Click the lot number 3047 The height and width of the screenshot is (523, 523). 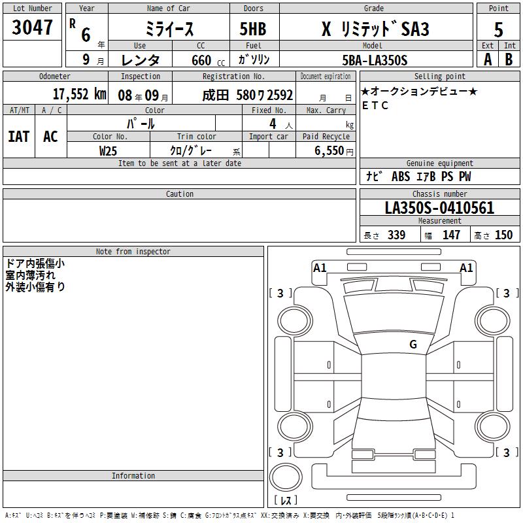32,27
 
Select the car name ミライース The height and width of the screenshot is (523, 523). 169,29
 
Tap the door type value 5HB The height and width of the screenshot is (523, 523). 253,29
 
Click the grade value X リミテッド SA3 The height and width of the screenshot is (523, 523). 375,29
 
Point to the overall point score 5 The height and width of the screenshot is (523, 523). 498,29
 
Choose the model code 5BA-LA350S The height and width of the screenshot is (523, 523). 375,60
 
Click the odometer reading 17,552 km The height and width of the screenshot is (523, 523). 79,94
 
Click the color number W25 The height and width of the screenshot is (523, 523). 108,150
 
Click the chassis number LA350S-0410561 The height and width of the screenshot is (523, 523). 439,208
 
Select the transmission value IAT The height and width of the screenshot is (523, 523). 18,137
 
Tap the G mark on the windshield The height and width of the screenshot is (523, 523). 413,345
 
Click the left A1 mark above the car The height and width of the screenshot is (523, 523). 320,267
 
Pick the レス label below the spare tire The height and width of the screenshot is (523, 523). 288,500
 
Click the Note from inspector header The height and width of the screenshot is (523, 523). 133,252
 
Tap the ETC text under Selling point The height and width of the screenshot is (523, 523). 375,105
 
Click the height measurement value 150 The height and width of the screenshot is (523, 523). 503,235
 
